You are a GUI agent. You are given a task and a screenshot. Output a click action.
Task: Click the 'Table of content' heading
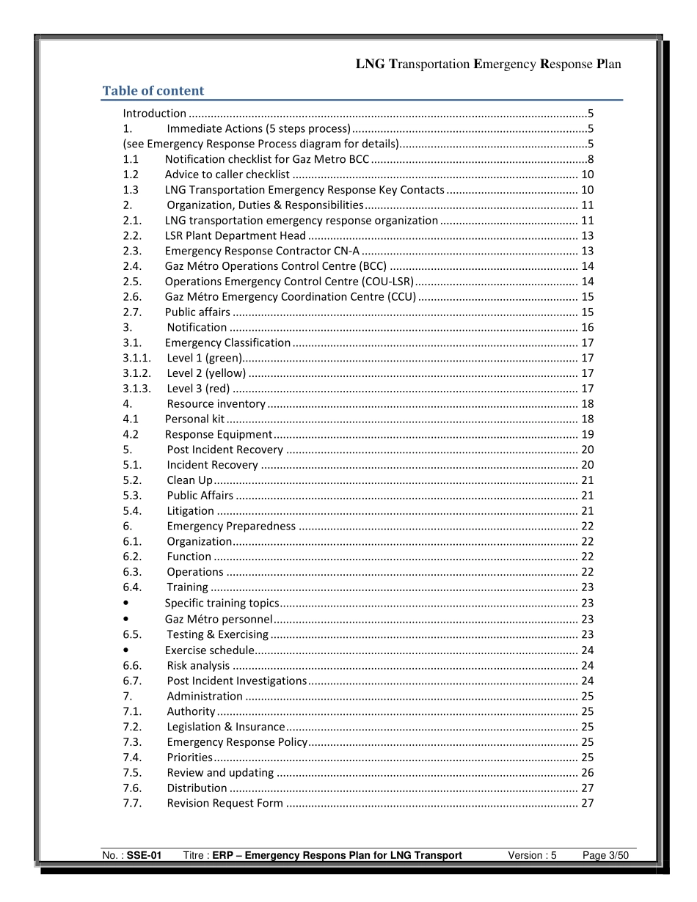click(x=153, y=91)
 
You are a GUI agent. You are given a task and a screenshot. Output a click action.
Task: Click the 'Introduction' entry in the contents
click(x=154, y=113)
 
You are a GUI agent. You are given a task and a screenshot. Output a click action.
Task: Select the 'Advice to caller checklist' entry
click(x=227, y=174)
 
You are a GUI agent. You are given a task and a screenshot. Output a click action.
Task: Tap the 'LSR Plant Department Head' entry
click(x=235, y=235)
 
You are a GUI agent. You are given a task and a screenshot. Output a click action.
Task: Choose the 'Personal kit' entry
click(x=194, y=419)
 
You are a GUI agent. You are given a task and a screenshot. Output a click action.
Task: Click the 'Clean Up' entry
click(x=189, y=480)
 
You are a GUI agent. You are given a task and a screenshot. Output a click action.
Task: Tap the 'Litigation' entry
click(x=190, y=510)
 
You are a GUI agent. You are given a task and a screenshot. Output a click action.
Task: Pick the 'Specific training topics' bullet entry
click(x=222, y=603)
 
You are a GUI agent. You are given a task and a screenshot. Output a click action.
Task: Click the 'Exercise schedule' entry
click(x=209, y=650)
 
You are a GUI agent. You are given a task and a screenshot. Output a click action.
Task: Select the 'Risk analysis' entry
click(x=198, y=665)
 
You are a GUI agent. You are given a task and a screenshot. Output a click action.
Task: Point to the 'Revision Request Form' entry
click(x=225, y=803)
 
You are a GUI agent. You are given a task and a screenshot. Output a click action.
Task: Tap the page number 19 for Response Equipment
click(x=587, y=434)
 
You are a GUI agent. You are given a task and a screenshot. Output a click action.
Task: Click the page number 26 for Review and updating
click(x=587, y=772)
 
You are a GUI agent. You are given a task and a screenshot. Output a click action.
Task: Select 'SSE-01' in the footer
click(x=144, y=855)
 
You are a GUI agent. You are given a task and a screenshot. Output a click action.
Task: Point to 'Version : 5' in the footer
click(x=532, y=855)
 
